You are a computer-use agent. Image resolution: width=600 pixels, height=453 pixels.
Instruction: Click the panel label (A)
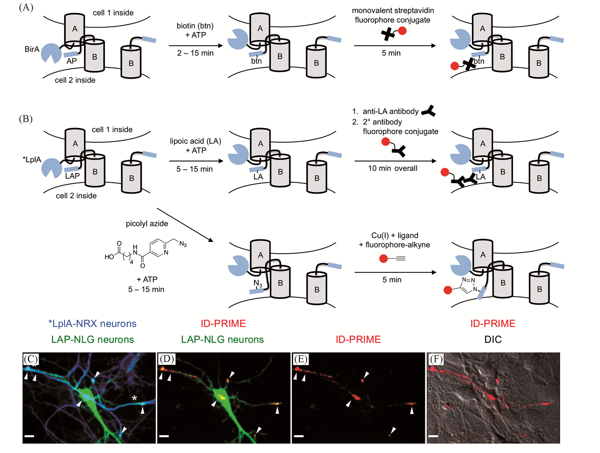26,7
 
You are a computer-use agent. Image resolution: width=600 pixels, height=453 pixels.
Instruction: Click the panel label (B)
26,119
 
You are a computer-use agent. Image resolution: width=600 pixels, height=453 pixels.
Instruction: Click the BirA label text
32,49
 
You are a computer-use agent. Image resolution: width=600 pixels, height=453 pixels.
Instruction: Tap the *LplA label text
32,159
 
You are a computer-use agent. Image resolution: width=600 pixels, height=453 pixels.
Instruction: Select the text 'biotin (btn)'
195,26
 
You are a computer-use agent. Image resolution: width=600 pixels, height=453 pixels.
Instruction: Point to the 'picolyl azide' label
147,224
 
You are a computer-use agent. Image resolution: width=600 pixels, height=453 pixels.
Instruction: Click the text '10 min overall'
392,168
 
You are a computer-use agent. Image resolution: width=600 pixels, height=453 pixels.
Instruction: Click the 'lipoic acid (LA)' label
195,141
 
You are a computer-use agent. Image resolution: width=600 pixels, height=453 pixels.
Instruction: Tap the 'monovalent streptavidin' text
393,11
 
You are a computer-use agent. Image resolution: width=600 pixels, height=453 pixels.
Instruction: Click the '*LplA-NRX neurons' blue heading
92,323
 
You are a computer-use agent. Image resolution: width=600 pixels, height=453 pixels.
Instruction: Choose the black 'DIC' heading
493,339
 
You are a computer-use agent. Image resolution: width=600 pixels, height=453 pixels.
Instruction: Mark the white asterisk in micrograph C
134,399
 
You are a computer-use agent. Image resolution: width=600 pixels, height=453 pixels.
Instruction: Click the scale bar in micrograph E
299,436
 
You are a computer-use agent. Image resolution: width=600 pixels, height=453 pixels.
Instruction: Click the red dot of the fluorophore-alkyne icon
383,258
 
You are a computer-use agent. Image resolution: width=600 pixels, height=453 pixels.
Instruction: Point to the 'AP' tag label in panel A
72,61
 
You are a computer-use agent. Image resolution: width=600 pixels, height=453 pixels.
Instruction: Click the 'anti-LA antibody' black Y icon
429,111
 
